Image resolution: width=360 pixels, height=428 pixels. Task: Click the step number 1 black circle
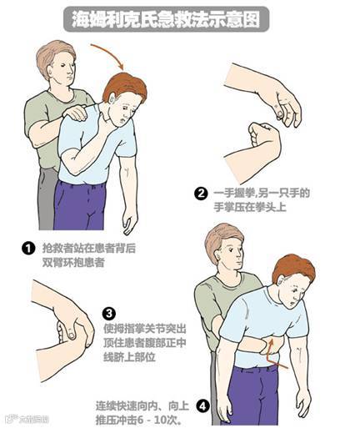click(28, 249)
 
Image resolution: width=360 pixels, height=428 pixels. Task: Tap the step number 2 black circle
click(201, 194)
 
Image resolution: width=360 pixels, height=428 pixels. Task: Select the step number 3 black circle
click(109, 314)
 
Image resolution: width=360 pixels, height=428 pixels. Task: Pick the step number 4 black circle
click(203, 407)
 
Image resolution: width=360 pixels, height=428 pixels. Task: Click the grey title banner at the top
click(167, 19)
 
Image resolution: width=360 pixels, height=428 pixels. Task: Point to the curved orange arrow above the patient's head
click(110, 53)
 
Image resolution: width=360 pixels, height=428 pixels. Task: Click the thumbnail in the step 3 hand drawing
click(71, 335)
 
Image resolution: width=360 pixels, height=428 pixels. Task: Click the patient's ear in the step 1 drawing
click(112, 98)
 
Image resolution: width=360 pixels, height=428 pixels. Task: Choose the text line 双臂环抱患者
click(73, 263)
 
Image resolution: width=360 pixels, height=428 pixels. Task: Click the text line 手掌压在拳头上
click(250, 207)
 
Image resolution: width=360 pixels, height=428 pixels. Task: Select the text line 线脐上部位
click(129, 357)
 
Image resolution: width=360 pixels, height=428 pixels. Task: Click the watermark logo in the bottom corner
click(27, 419)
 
